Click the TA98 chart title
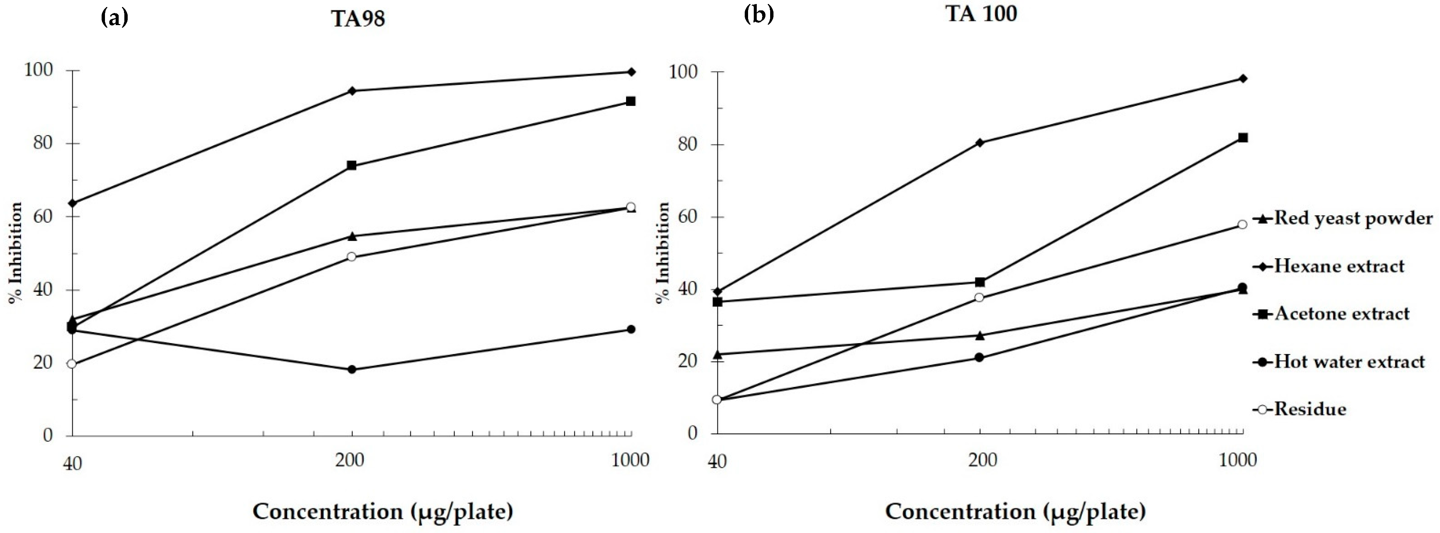point(358,19)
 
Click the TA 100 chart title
point(981,13)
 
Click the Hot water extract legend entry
point(1348,362)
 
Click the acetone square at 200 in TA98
point(352,166)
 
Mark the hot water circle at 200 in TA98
point(352,369)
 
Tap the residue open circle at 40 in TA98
point(72,364)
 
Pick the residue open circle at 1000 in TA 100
point(1242,225)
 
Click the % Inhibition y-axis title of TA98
point(16,253)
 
